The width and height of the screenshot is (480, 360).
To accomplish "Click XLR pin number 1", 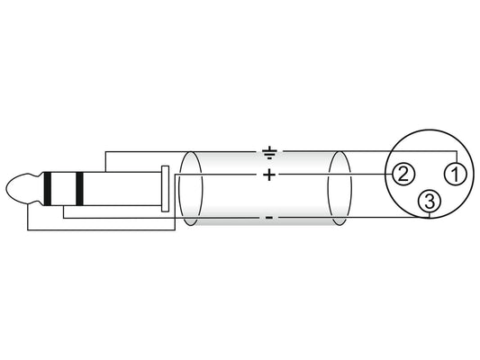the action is tap(456, 174).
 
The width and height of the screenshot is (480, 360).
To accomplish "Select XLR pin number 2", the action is tap(403, 174).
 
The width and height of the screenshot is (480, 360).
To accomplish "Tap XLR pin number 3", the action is tap(430, 202).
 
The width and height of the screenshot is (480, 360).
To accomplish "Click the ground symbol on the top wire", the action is tap(269, 153).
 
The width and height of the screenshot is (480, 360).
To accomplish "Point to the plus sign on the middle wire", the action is tap(269, 175).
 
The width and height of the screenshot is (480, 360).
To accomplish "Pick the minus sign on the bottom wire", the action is tap(269, 218).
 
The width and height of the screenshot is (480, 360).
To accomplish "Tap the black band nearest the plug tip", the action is tap(48, 189).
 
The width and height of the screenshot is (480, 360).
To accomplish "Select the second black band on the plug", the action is tap(79, 189).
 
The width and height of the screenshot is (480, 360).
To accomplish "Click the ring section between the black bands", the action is tap(64, 189).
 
